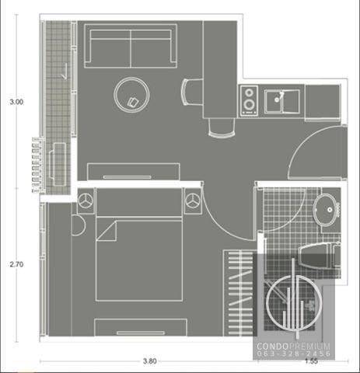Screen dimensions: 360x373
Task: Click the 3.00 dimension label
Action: click(16, 102)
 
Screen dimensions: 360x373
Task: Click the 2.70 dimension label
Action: click(16, 264)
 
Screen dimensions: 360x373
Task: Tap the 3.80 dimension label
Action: click(150, 361)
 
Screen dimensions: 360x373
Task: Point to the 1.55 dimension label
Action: click(311, 361)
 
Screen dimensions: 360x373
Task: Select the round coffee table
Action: click(131, 95)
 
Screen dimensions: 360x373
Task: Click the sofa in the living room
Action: click(131, 46)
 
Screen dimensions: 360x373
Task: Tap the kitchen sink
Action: click(282, 101)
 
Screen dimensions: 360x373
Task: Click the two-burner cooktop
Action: click(249, 100)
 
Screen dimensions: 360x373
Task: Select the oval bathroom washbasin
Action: click(326, 210)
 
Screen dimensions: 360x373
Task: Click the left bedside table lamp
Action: click(86, 200)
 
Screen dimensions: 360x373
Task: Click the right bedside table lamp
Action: click(193, 200)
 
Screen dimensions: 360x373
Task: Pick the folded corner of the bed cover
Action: click(107, 231)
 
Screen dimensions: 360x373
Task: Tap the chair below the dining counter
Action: click(222, 127)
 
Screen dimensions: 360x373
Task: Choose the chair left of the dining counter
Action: click(192, 92)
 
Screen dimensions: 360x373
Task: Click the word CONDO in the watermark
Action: click(272, 347)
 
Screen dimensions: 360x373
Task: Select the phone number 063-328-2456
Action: click(294, 354)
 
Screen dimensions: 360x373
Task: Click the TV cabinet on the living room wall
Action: click(134, 172)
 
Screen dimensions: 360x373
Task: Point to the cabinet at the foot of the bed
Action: click(141, 327)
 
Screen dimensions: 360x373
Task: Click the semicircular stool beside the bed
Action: click(79, 225)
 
